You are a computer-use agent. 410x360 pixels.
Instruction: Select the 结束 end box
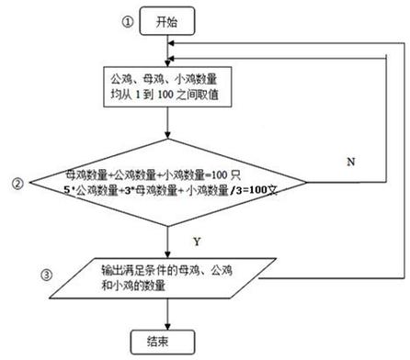[x=166, y=341]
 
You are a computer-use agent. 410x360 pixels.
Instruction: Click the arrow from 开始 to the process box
[x=166, y=51]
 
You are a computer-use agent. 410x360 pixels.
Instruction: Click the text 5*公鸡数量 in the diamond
[x=92, y=189]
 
